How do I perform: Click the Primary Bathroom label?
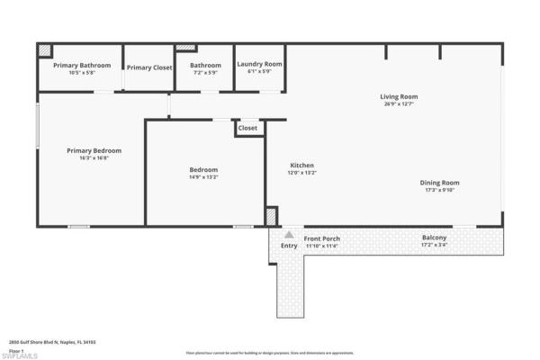click(82, 66)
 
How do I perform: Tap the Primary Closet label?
click(149, 67)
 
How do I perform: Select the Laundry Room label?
click(259, 64)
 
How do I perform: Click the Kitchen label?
click(301, 166)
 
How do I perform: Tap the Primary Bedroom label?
click(94, 150)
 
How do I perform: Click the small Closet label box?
click(247, 128)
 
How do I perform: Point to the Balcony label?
click(434, 238)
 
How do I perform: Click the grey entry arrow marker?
click(289, 233)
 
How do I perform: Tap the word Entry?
click(289, 245)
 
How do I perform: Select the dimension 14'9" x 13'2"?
click(202, 177)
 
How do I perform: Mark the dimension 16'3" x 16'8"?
click(94, 158)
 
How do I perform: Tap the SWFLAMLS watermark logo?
click(19, 355)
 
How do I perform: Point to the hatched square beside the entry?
click(271, 217)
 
